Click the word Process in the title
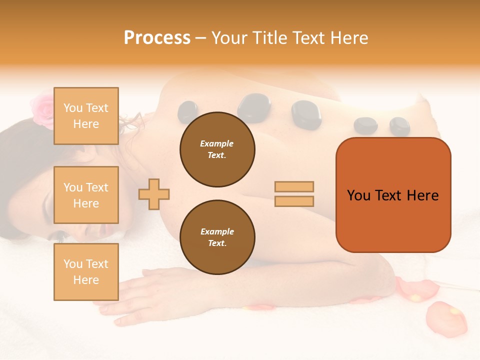tap(157, 37)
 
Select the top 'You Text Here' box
tap(86, 116)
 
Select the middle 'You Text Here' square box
tap(86, 195)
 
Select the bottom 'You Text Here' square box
tap(86, 271)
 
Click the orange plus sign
tap(154, 194)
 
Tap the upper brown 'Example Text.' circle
tap(217, 149)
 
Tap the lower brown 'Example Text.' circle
tap(217, 237)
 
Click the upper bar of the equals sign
tap(294, 187)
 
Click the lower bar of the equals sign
tap(294, 201)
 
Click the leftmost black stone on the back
tap(187, 111)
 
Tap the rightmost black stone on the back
tap(399, 126)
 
